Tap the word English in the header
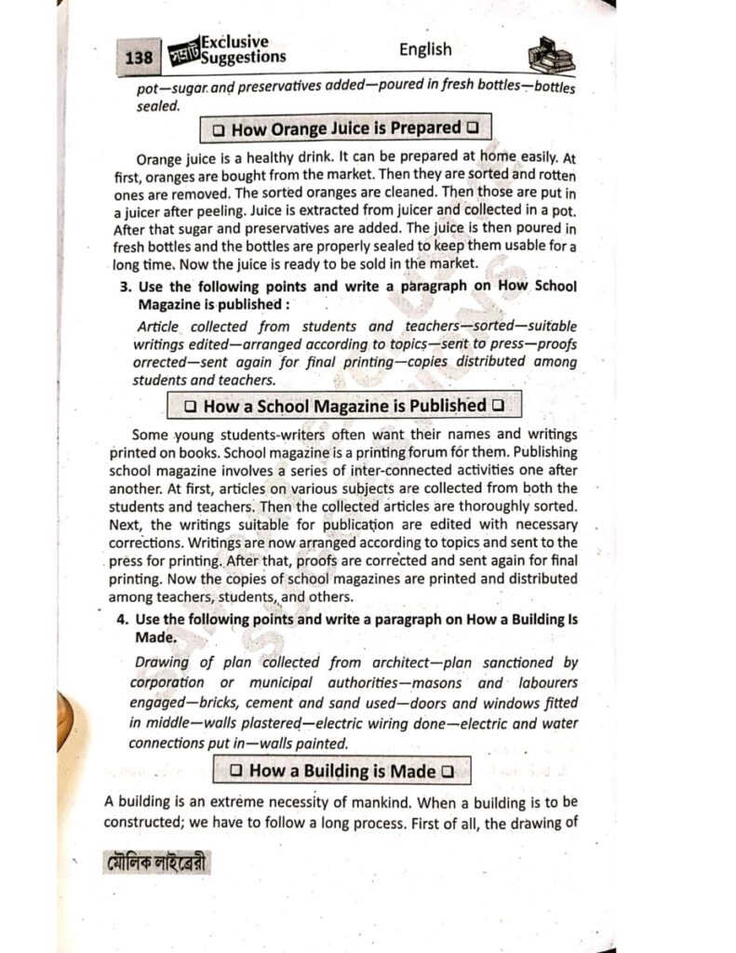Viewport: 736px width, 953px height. point(425,49)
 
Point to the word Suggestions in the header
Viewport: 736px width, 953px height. point(244,58)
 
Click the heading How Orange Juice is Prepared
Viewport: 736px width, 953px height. point(345,128)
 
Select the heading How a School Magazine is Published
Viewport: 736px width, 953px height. point(344,406)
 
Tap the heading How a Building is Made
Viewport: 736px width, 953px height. point(342,771)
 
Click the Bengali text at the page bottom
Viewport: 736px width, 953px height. point(156,864)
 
